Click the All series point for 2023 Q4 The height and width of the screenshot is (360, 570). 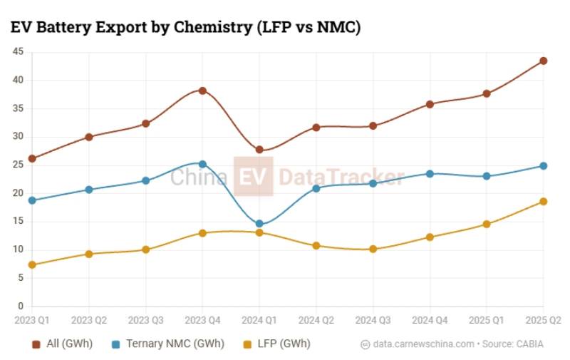[202, 91]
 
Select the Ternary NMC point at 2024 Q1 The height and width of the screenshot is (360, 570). [259, 224]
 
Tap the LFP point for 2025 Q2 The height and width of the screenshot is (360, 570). [543, 201]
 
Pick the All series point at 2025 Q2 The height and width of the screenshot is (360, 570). [543, 61]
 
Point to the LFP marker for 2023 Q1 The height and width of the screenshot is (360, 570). [32, 264]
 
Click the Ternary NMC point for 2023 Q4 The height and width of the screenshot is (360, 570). [202, 164]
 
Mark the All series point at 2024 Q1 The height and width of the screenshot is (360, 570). [259, 150]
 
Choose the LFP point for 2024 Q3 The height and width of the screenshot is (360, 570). [373, 249]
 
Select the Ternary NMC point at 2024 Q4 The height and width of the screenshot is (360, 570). [430, 173]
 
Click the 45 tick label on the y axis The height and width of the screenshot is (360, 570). [17, 51]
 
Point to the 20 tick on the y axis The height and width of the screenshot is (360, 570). [17, 192]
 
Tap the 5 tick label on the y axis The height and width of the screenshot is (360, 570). [20, 277]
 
